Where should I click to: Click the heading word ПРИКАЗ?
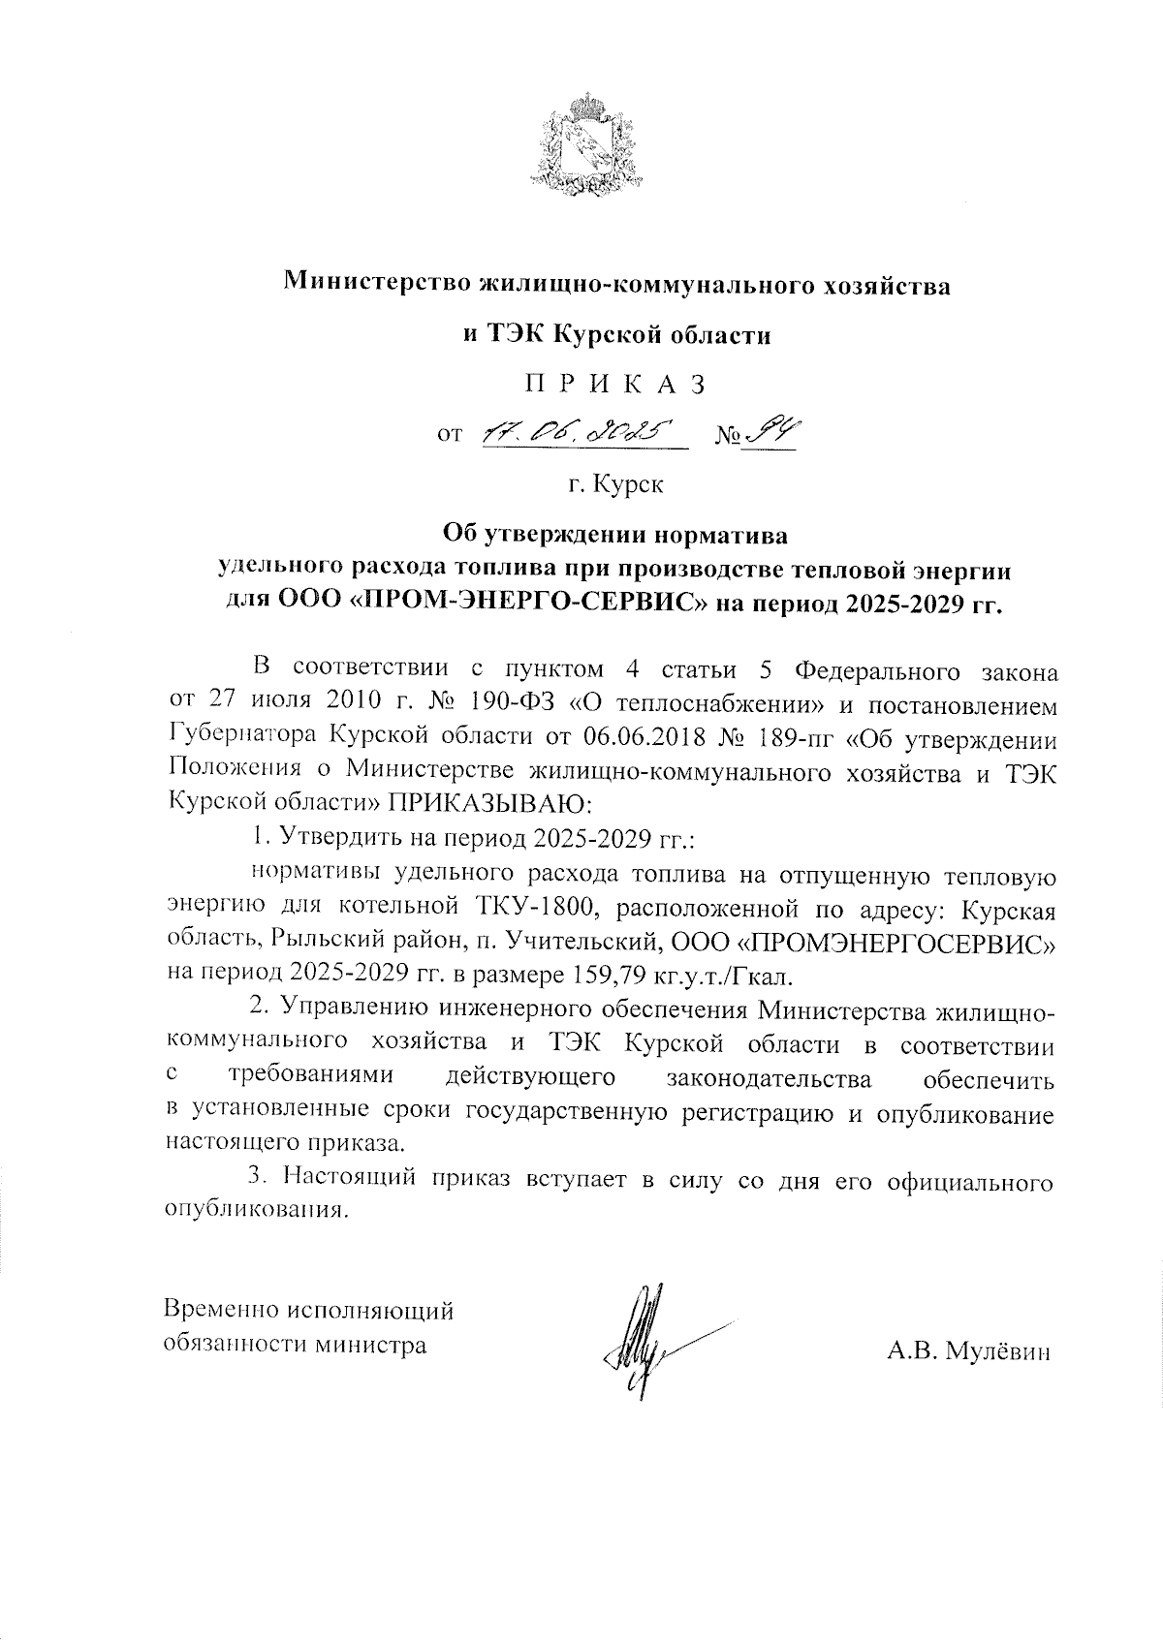tap(615, 384)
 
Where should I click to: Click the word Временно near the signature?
tap(221, 1312)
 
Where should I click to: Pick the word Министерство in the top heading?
tap(377, 285)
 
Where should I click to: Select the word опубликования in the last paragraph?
tap(255, 1210)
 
